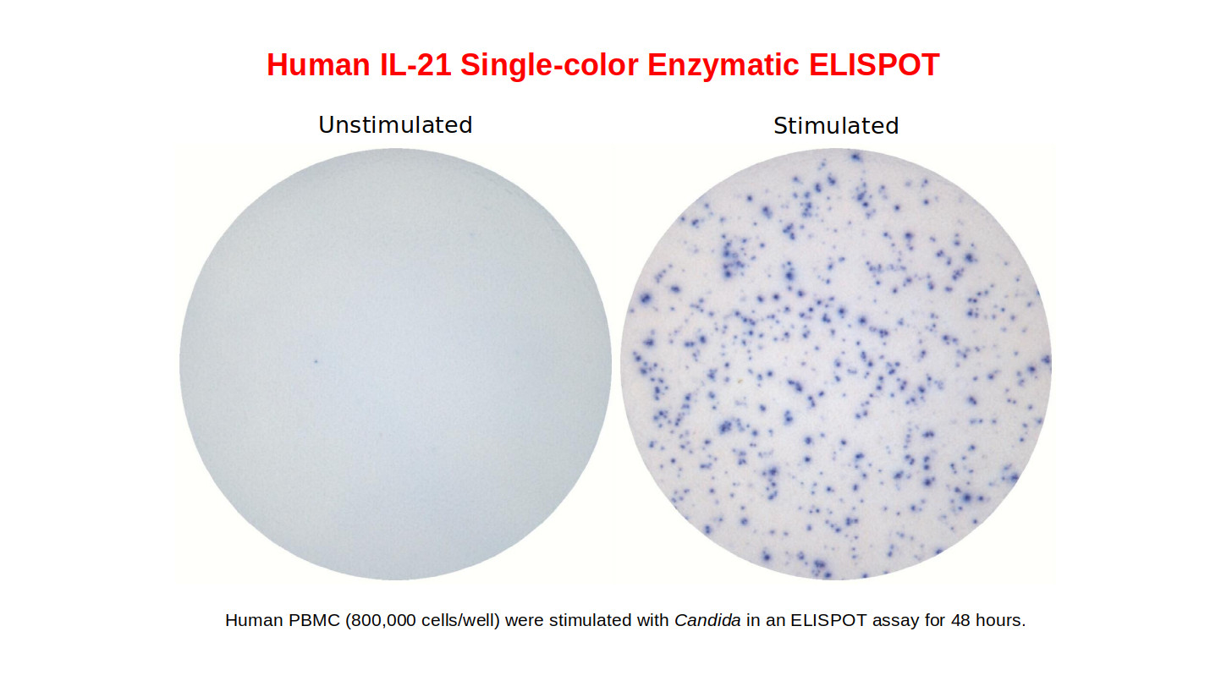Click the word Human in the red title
coord(318,65)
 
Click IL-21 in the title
coord(415,65)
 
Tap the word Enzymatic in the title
coord(723,66)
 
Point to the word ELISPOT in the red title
coord(874,65)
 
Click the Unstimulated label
coord(395,125)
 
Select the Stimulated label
coord(836,126)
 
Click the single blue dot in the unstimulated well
coord(316,361)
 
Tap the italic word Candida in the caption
coord(707,620)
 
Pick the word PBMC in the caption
coord(314,620)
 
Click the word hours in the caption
coord(1000,620)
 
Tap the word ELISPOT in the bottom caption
coord(828,620)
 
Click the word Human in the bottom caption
coord(254,620)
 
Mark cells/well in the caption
coord(460,620)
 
